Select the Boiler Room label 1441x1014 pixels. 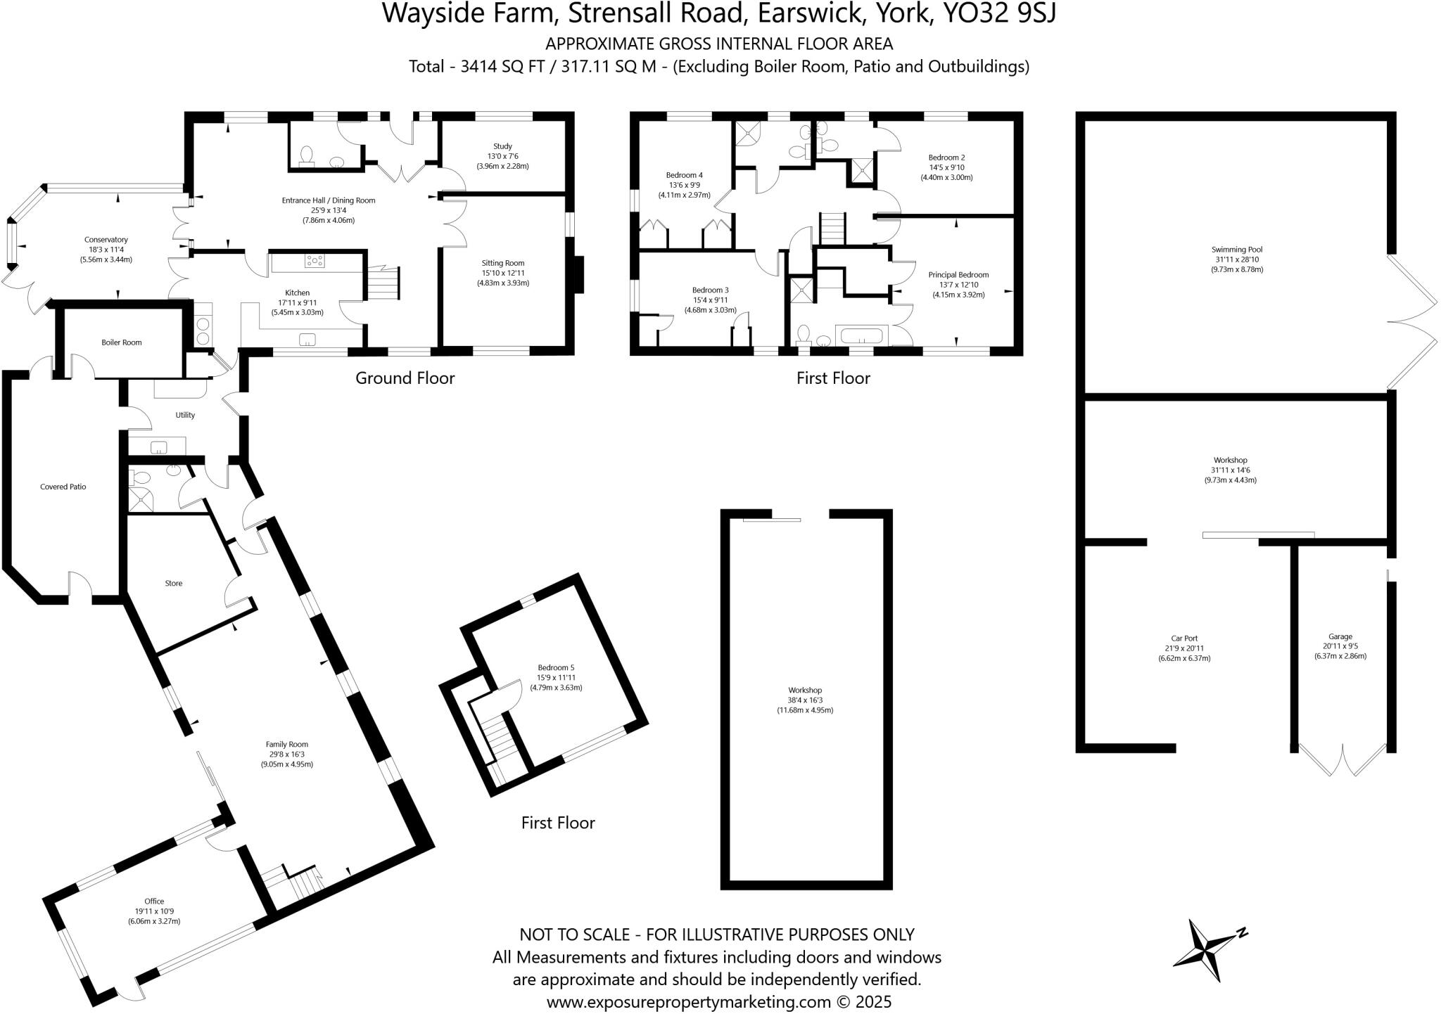click(121, 342)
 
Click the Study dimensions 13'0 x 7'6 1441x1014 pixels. click(502, 156)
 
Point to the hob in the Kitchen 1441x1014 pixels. click(315, 262)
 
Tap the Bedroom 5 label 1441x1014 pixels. click(556, 667)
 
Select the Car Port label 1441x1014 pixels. click(1184, 638)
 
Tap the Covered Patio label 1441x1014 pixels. click(63, 487)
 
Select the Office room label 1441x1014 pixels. click(154, 901)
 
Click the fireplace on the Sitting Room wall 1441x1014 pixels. click(579, 274)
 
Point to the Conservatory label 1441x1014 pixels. click(106, 240)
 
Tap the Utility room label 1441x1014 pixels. click(185, 415)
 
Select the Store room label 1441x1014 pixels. click(173, 583)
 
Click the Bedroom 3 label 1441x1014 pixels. click(710, 290)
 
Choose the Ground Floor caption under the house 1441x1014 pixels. click(405, 378)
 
